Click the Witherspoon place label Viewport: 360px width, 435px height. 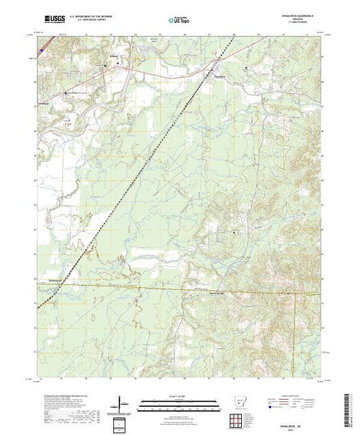click(48, 280)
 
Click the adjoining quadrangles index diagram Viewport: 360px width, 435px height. click(121, 423)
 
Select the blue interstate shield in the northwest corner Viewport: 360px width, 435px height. click(44, 50)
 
